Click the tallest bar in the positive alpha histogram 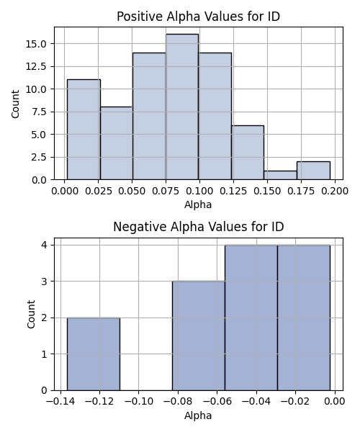click(x=181, y=107)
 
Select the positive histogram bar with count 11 click(x=84, y=130)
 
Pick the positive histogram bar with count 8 click(x=117, y=143)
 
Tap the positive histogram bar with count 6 click(x=248, y=153)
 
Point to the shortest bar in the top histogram click(x=280, y=175)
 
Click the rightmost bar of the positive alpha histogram click(x=313, y=171)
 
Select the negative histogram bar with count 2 click(x=94, y=354)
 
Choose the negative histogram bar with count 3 click(x=199, y=336)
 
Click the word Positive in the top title click(x=140, y=17)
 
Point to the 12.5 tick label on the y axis click(x=36, y=67)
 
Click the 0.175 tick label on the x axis click(x=301, y=191)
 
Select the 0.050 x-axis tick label click(x=132, y=191)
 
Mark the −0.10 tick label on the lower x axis click(x=138, y=402)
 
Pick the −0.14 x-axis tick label click(x=60, y=402)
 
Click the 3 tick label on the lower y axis click(x=44, y=282)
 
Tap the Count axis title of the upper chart click(x=15, y=104)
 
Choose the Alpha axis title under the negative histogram click(x=198, y=415)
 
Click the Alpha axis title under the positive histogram click(x=198, y=204)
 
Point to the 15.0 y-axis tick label click(x=36, y=44)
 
